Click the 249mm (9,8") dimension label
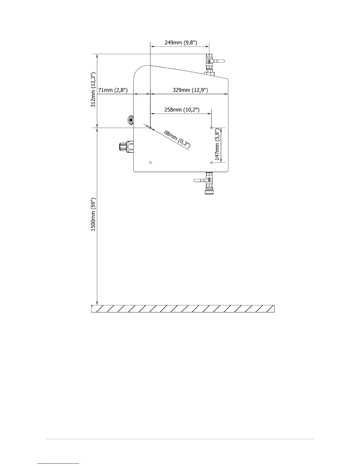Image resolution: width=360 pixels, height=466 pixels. coord(181,43)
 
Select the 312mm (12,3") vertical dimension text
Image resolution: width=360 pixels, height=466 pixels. coord(93,90)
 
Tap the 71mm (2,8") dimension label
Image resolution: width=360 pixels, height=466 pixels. coord(113,90)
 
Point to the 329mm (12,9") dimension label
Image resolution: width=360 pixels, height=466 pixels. coord(190,90)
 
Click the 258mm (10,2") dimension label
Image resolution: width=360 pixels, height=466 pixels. coord(182,110)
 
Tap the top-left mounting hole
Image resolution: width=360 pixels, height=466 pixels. coord(150,128)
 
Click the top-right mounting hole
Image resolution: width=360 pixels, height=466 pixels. coord(211,128)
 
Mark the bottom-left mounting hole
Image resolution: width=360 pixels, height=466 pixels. coord(150,162)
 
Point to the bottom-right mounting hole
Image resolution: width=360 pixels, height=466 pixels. coord(211,162)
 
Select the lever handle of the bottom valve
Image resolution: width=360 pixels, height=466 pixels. coord(200,180)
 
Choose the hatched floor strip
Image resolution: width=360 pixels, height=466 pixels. coord(183,309)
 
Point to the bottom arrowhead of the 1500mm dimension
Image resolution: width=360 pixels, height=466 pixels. coord(97,303)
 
